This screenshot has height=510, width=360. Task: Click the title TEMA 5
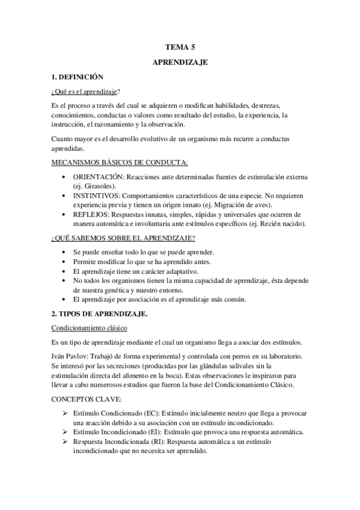[x=180, y=46]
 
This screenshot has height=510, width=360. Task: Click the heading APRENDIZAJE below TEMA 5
[x=180, y=61]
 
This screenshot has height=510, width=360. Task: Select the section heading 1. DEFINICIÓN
[x=78, y=77]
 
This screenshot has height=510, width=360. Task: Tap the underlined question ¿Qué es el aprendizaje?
[x=85, y=91]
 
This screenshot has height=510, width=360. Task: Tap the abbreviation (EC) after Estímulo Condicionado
[x=152, y=414]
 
